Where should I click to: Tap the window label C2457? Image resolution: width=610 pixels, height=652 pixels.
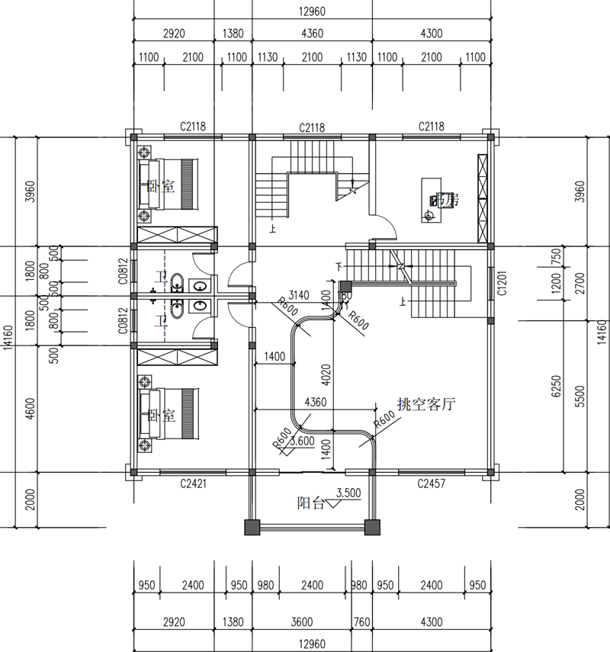(x=431, y=483)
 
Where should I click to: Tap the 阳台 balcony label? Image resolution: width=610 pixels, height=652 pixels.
(x=310, y=503)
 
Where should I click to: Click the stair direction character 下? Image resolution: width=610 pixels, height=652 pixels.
(x=339, y=266)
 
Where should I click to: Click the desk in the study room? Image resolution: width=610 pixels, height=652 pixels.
(x=431, y=200)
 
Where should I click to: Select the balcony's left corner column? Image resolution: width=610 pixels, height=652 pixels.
(x=252, y=527)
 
